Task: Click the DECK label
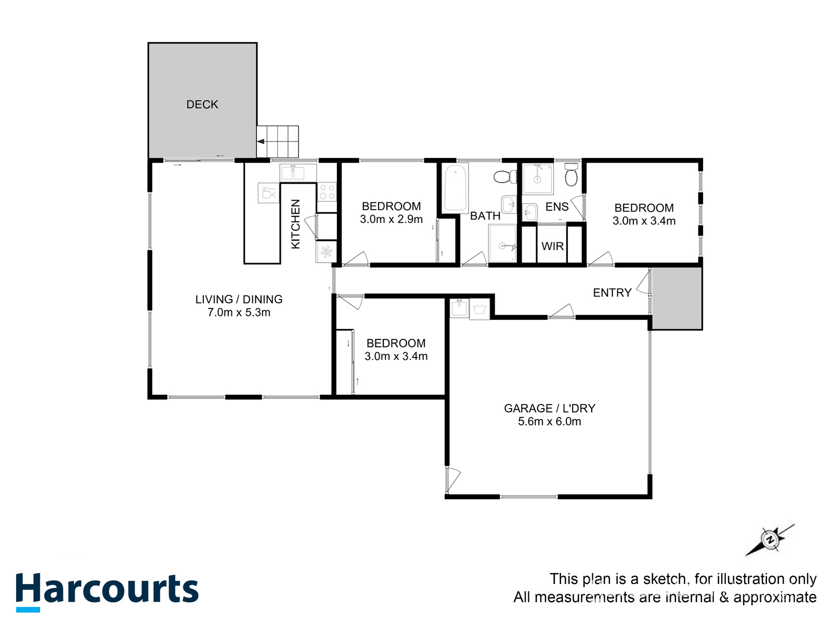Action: point(202,105)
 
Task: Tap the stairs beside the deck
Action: point(278,141)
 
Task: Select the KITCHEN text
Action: point(295,224)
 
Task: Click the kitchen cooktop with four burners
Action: point(327,192)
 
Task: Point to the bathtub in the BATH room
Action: point(456,188)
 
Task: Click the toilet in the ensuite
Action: point(571,176)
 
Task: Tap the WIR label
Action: point(552,246)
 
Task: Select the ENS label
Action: point(557,207)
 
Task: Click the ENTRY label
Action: point(612,293)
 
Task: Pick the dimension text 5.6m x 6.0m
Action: point(549,422)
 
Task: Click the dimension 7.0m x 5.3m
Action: point(239,313)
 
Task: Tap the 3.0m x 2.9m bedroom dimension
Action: point(391,219)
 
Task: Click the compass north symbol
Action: point(770,540)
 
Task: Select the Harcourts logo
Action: point(107,591)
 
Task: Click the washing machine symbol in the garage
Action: point(479,310)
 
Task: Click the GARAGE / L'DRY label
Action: point(549,409)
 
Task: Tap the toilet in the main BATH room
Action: point(503,177)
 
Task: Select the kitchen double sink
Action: point(298,172)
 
